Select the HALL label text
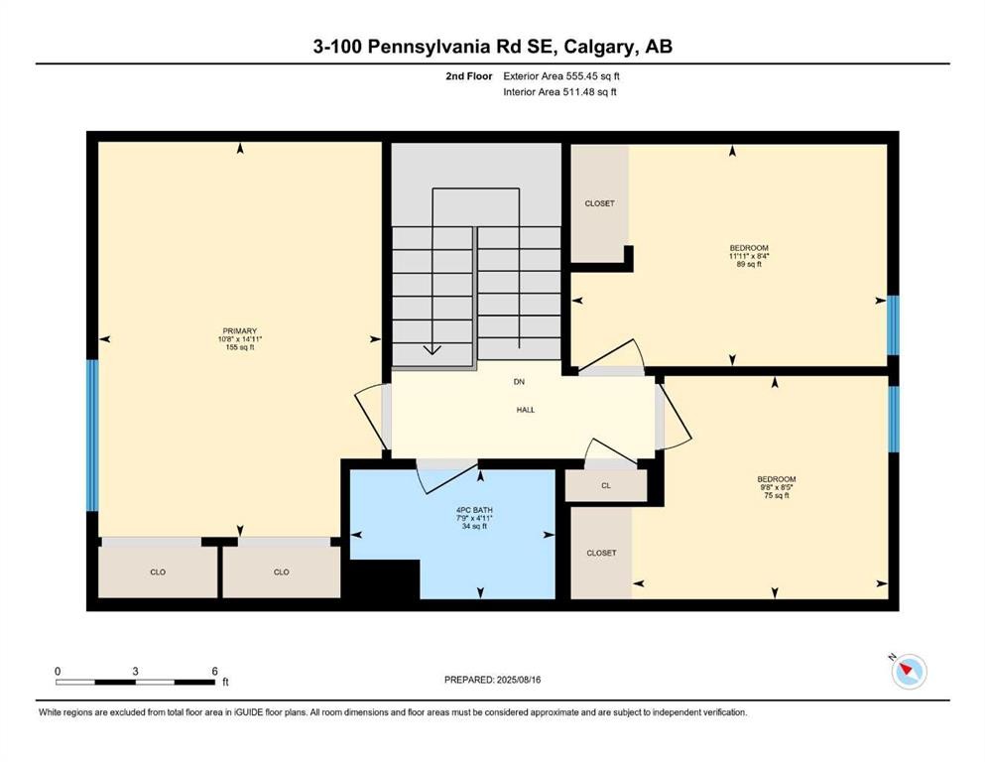525,410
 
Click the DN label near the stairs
518,382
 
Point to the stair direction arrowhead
432,348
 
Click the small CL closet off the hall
605,486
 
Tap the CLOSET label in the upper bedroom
599,203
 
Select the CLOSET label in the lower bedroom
601,553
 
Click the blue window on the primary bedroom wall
92,435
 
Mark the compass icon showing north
909,672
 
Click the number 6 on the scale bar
214,671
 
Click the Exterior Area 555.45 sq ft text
562,75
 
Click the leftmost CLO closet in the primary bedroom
158,571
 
